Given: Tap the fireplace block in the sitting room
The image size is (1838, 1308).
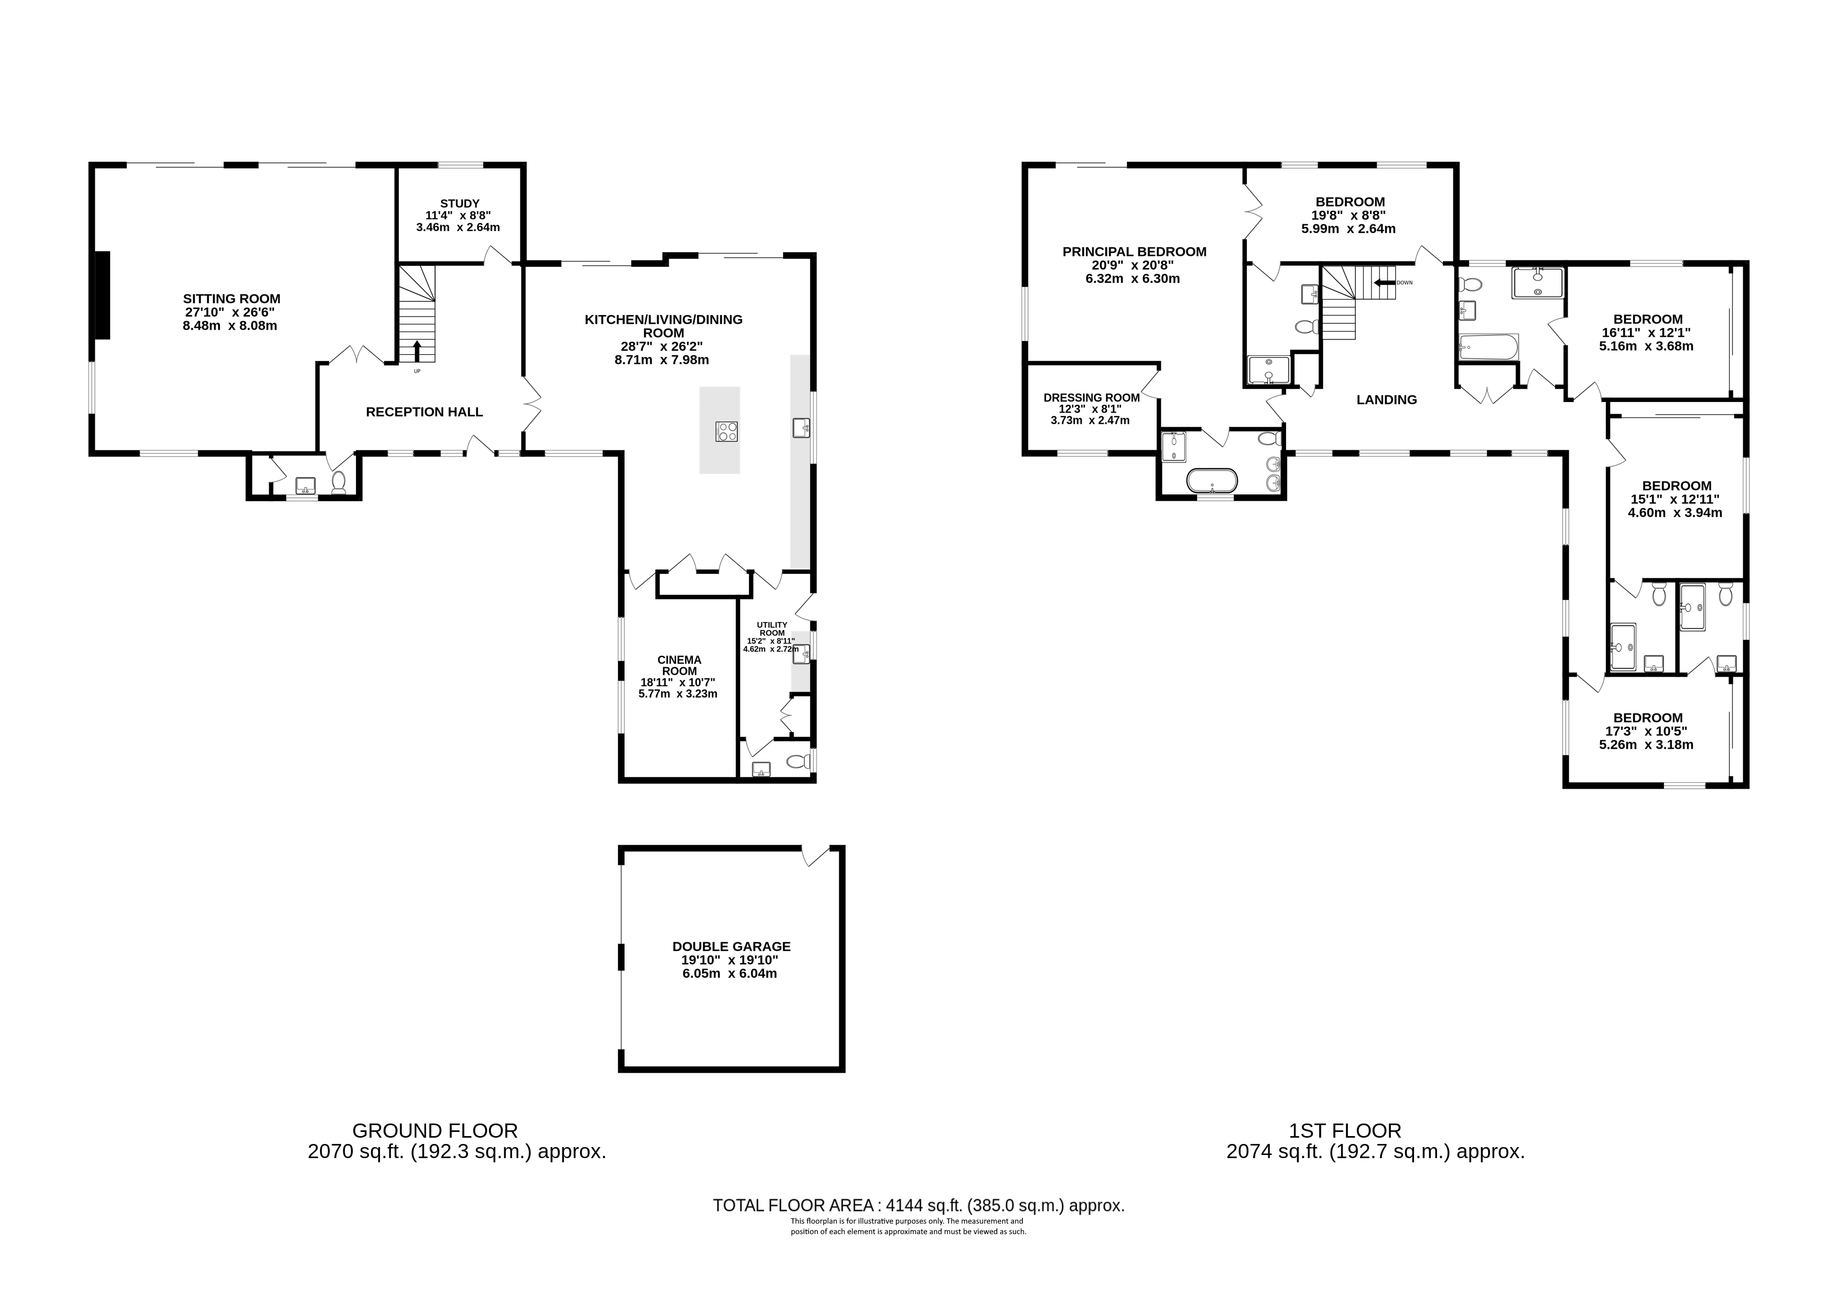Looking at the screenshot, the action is (x=103, y=296).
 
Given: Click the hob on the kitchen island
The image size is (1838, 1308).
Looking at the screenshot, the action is (x=726, y=432).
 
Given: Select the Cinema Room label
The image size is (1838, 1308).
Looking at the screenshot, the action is (x=679, y=666).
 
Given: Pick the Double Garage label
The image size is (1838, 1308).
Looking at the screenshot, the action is (x=731, y=946).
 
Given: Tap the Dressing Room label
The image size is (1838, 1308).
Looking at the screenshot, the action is (x=1091, y=397).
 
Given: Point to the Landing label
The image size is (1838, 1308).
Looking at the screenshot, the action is (x=1386, y=399).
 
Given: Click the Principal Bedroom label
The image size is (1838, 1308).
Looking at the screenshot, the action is (x=1134, y=252).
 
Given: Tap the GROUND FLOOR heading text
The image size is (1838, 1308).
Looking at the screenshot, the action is (x=435, y=1131).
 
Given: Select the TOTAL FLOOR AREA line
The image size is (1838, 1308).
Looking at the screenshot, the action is (x=918, y=1206).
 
